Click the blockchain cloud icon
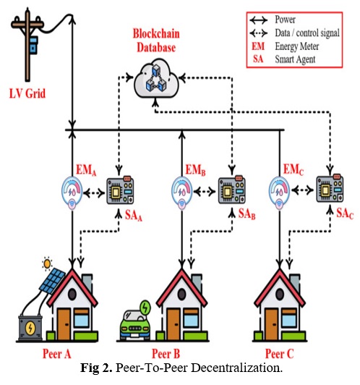tap(156, 78)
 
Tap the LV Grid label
tap(27, 94)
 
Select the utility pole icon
tap(27, 44)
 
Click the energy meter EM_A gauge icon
tap(72, 192)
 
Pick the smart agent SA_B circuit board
tap(232, 190)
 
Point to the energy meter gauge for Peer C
tap(279, 192)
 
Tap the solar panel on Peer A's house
tap(52, 281)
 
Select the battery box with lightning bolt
tap(30, 328)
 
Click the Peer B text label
tap(166, 354)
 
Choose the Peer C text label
tap(279, 354)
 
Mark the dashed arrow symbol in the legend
tap(259, 33)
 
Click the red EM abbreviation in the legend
tap(258, 46)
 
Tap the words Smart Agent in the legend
tap(295, 59)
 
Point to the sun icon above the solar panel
tap(47, 264)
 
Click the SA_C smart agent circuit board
tap(330, 188)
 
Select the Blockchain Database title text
tap(156, 41)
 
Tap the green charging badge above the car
tap(145, 308)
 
